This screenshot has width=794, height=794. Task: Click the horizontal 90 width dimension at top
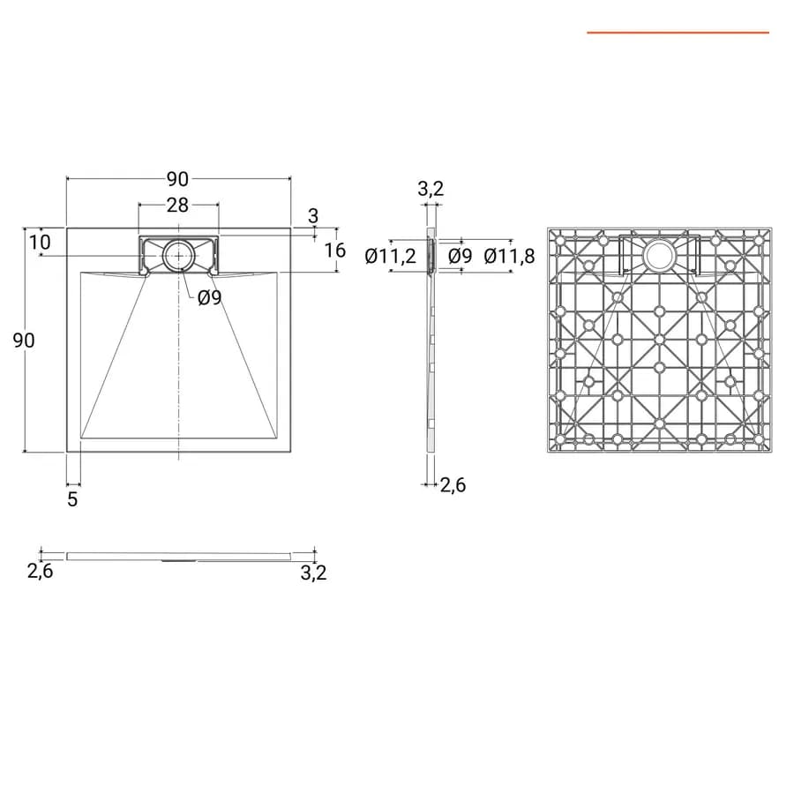pos(177,179)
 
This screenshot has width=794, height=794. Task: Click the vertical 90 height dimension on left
pos(24,341)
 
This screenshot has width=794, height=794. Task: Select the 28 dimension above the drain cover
pos(177,205)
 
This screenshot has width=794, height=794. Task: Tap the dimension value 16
pos(334,251)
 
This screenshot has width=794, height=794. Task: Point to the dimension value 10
pos(40,243)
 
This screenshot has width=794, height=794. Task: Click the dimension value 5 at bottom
pos(72,499)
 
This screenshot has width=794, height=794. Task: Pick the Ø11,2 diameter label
pos(391,256)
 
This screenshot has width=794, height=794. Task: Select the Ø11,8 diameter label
pos(509,256)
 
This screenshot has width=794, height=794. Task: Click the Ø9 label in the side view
pos(461,256)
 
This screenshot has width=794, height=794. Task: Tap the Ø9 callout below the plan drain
pos(210,298)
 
